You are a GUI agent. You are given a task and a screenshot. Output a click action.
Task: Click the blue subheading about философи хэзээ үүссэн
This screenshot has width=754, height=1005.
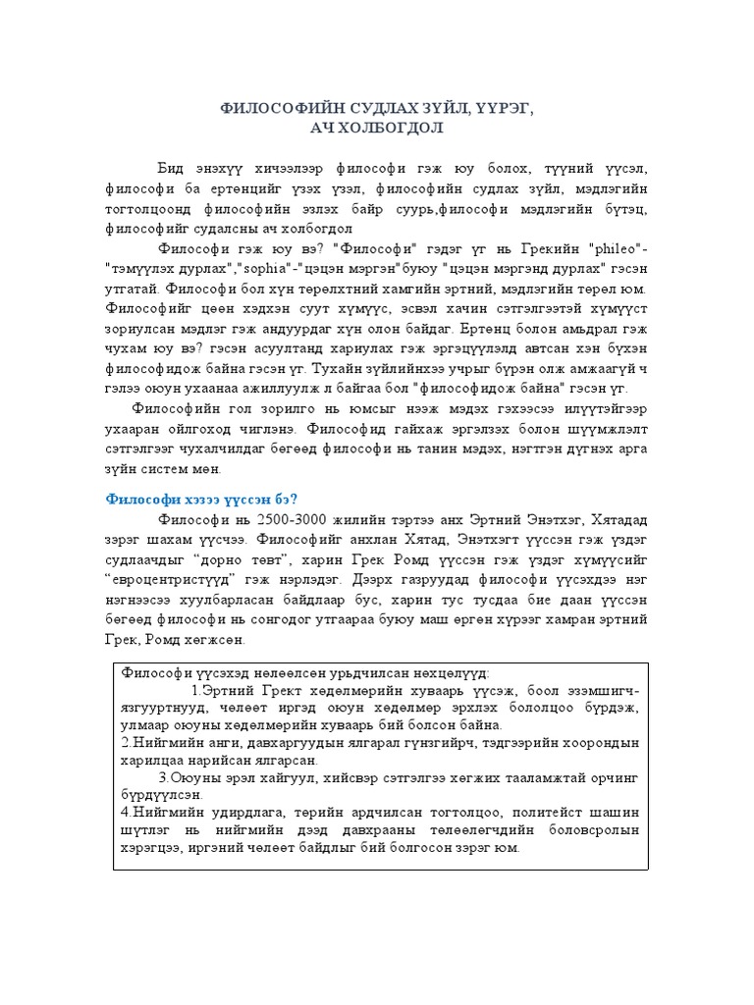pos(200,498)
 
